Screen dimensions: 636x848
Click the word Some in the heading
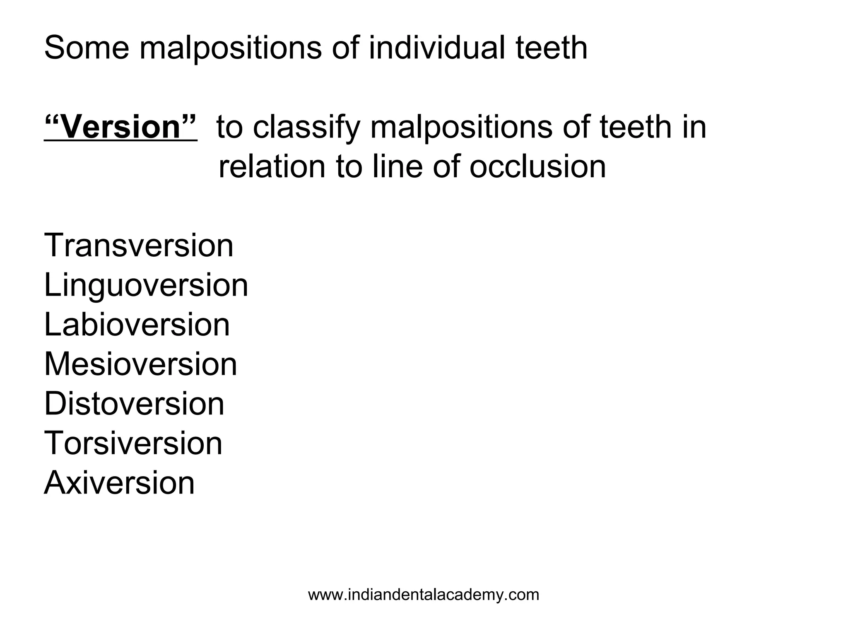tap(87, 48)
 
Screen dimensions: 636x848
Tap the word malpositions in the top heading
tap(230, 49)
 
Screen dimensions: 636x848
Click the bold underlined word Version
tap(120, 127)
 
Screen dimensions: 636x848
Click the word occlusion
tap(537, 167)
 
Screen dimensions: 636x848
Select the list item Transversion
tap(139, 246)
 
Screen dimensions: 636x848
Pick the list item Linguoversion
tap(146, 286)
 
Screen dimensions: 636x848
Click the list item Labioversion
tap(137, 325)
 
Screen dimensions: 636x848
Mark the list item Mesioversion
tap(140, 364)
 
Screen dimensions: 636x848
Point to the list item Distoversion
tap(134, 404)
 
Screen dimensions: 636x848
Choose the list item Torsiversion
tap(133, 443)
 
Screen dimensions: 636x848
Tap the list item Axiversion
tap(119, 483)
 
